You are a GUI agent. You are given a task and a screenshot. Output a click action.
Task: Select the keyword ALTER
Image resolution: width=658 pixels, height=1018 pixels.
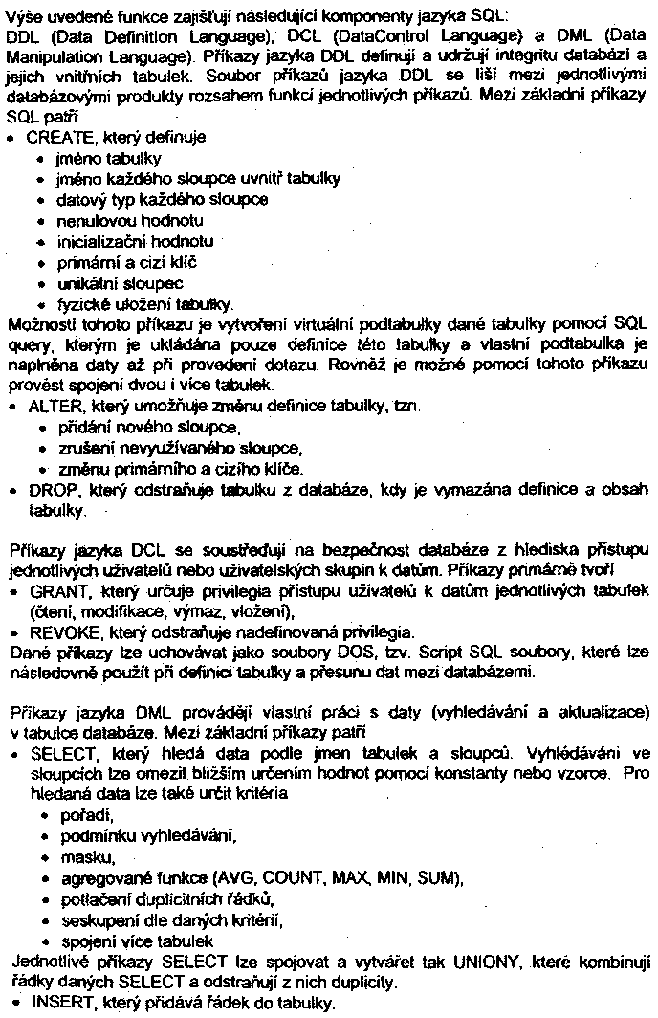47,406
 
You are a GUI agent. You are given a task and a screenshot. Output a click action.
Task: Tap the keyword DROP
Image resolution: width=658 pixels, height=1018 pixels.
45,490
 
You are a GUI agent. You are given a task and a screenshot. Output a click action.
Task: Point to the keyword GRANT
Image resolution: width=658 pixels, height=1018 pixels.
52,592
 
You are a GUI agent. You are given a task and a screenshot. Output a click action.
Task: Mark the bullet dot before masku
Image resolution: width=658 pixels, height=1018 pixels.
43,856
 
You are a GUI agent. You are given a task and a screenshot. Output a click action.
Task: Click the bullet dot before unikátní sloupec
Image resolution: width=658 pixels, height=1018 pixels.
43,284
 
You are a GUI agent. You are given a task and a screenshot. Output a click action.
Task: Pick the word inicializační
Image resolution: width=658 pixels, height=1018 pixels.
103,242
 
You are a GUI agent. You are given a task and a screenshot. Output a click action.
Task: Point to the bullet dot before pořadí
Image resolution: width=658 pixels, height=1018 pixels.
43,814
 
